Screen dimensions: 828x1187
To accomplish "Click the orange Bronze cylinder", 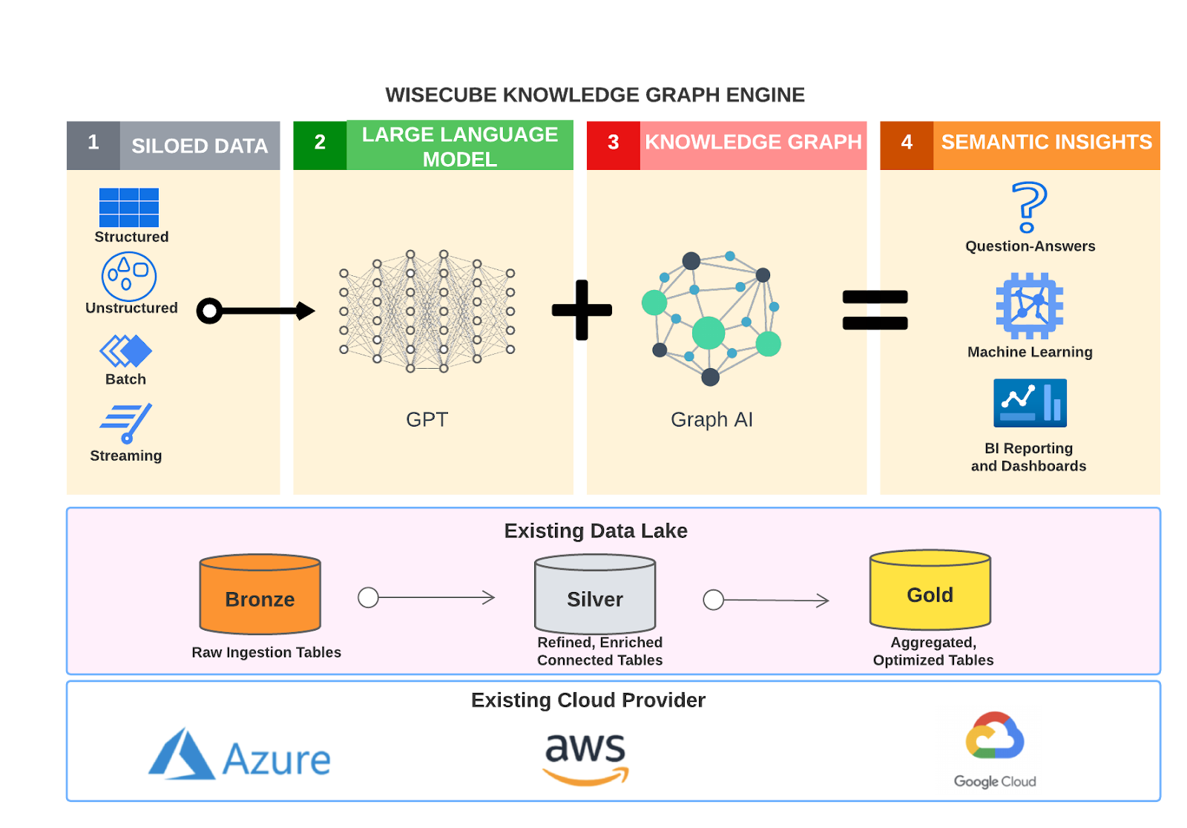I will coord(260,595).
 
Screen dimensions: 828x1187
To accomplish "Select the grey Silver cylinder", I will coord(595,595).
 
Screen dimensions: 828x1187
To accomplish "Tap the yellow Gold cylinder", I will coord(930,591).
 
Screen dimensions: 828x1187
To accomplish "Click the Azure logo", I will coord(240,755).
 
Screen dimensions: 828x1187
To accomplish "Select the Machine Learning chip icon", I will coord(1030,306).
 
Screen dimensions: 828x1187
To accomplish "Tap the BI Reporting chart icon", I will coord(1030,403).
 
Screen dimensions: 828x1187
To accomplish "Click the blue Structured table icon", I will coord(129,208).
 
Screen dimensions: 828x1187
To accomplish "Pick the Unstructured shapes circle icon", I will coord(129,277).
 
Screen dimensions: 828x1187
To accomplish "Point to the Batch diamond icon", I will coord(126,351).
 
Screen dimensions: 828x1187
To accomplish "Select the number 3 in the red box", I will coord(614,142).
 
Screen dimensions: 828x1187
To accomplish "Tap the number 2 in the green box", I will coord(320,142).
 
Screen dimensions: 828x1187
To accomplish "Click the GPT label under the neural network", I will coord(427,420).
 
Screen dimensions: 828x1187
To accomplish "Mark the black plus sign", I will coord(582,310).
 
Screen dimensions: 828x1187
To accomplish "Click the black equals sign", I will coord(875,310).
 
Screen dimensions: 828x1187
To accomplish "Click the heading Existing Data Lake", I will coord(596,531).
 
